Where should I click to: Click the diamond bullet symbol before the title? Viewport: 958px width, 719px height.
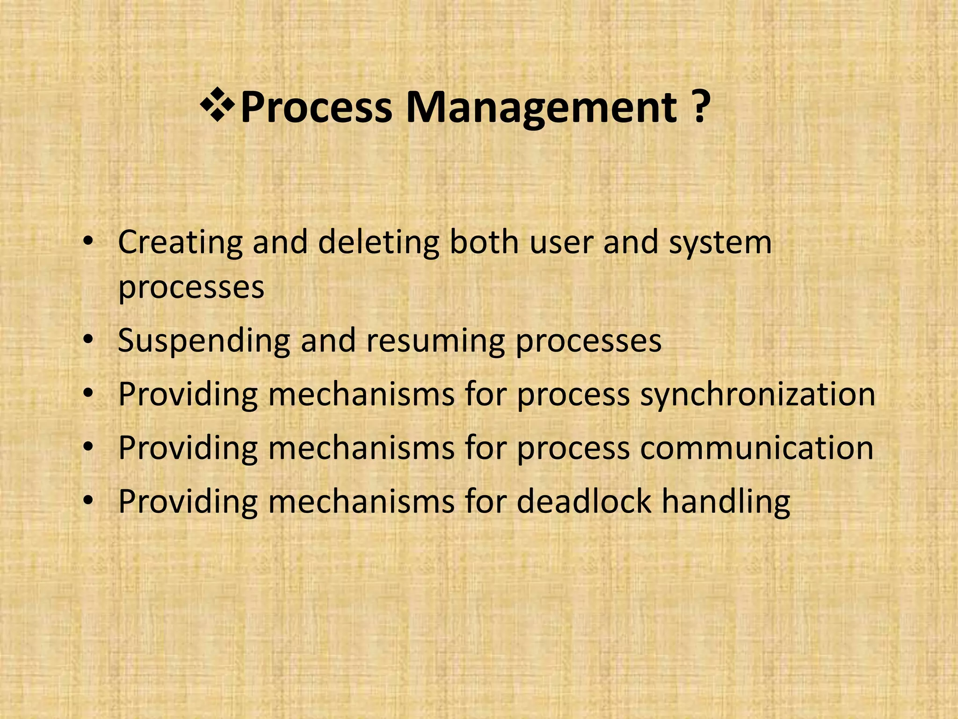tap(217, 106)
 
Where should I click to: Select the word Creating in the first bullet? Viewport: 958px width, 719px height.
tap(180, 243)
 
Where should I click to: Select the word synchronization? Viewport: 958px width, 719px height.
tap(757, 395)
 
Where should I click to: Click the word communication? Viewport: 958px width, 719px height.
tap(756, 448)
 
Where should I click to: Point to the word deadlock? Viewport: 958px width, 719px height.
tap(584, 501)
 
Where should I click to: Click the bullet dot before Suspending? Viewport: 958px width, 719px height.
tap(87, 340)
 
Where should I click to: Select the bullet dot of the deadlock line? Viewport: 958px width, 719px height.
tap(87, 501)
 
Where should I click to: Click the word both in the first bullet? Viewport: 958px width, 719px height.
tap(484, 242)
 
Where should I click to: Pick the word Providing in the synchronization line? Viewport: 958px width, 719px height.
tap(188, 395)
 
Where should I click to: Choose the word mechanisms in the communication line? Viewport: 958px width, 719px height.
tap(361, 448)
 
